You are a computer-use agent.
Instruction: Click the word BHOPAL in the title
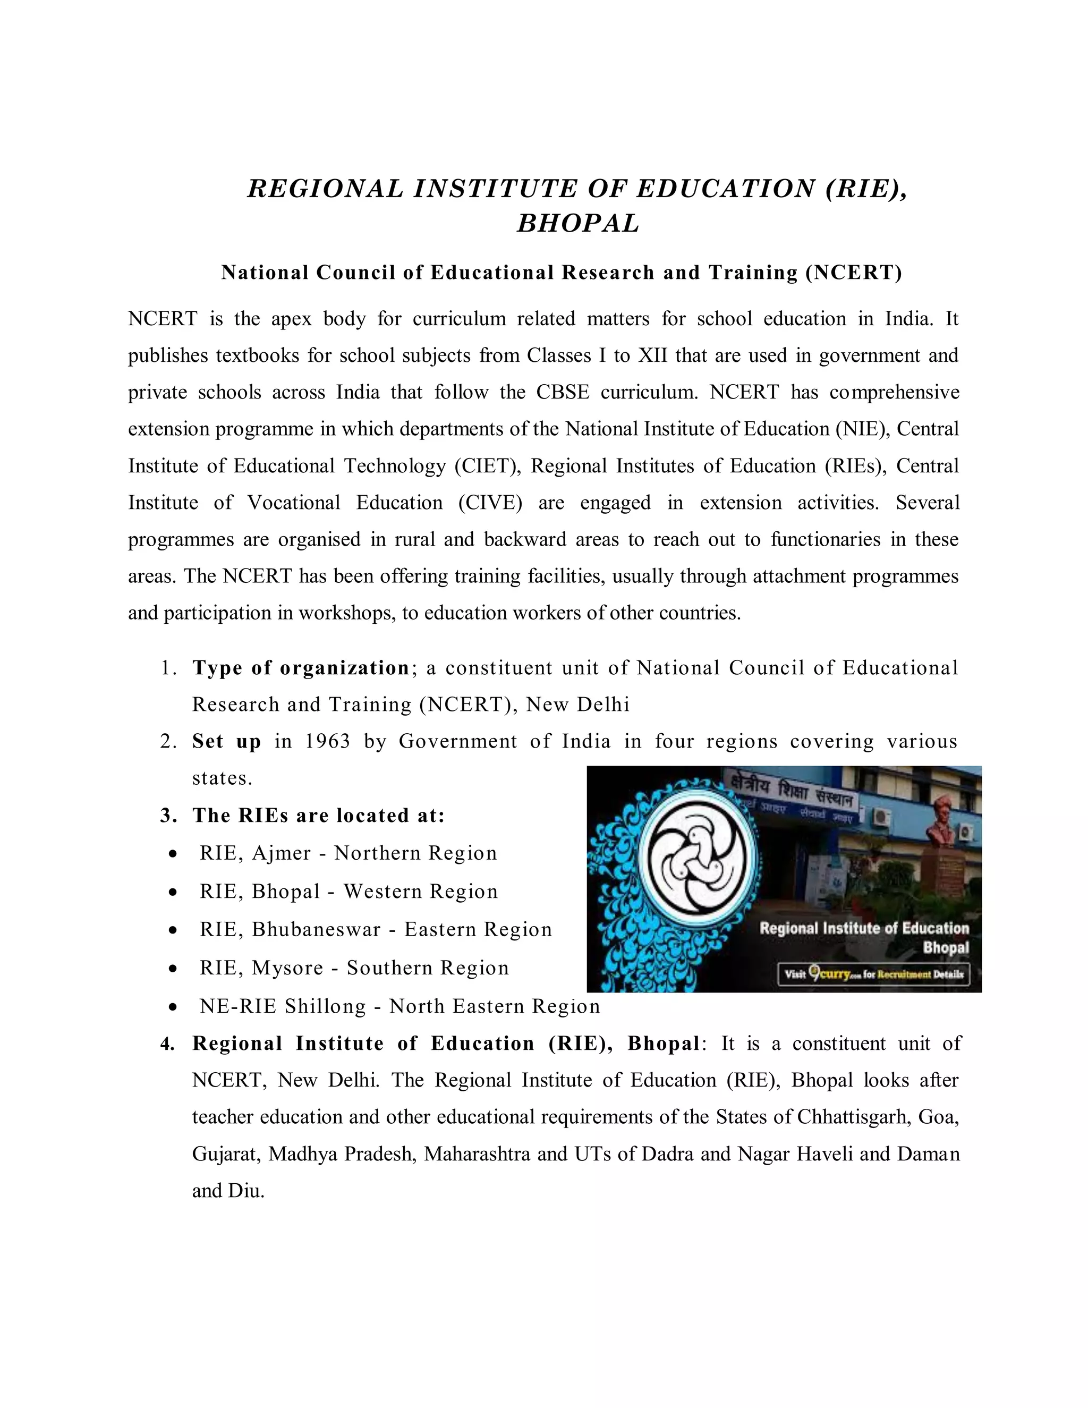(578, 224)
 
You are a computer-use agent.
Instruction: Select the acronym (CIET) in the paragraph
(486, 466)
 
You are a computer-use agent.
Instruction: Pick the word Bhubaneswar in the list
(317, 930)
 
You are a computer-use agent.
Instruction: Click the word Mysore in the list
(287, 968)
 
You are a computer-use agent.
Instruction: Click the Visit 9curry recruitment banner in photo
(873, 973)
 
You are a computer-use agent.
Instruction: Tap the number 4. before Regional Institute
(167, 1044)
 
